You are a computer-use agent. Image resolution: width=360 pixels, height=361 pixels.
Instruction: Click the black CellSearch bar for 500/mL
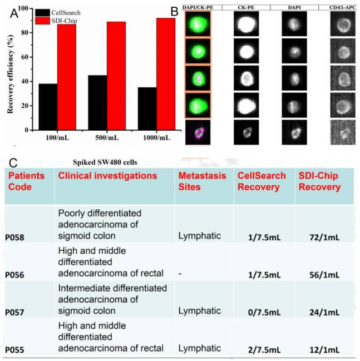(x=97, y=103)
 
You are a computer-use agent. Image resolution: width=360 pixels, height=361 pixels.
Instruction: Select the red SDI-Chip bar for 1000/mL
(x=166, y=74)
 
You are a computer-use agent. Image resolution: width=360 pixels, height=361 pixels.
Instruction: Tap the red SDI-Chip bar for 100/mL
(x=67, y=77)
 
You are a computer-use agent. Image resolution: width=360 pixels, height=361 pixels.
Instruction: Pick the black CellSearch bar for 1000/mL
(x=147, y=109)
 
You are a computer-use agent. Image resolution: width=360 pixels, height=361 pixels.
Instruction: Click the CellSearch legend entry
(x=58, y=13)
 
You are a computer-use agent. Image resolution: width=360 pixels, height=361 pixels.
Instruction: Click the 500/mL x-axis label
(x=107, y=138)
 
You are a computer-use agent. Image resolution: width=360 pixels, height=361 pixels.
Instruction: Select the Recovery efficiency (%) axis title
(x=10, y=74)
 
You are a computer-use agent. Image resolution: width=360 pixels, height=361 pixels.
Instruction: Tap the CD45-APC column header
(x=343, y=8)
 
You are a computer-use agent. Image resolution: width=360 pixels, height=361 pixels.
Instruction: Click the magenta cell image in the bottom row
(x=198, y=132)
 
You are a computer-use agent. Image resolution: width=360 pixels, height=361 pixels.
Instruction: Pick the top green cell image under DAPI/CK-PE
(x=198, y=24)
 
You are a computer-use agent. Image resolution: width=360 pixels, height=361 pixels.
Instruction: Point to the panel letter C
(x=13, y=163)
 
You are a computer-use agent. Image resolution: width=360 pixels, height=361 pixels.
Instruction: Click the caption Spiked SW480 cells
(x=105, y=162)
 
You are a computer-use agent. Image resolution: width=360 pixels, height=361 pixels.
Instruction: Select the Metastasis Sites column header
(x=202, y=181)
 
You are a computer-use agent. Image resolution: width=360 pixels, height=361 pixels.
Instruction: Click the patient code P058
(x=14, y=238)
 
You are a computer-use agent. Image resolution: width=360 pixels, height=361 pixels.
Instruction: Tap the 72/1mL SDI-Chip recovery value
(x=324, y=238)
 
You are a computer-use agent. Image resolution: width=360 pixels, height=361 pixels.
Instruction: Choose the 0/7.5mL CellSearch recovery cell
(x=264, y=313)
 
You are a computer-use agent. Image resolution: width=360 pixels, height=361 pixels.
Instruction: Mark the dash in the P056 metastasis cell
(x=180, y=274)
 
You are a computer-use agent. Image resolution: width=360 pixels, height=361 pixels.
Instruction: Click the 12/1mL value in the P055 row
(x=324, y=350)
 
